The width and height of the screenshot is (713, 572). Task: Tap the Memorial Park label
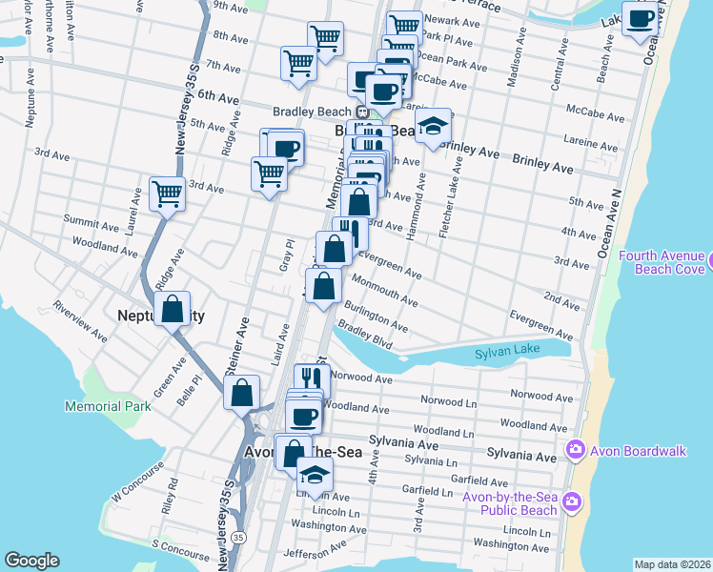point(108,406)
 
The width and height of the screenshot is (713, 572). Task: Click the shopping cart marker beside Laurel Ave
point(167,194)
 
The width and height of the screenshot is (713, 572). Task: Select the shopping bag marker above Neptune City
point(172,309)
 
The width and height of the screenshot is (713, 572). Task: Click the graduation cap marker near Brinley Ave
point(433,127)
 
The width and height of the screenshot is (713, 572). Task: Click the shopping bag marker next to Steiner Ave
point(242,391)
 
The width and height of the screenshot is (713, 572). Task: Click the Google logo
point(31,561)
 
